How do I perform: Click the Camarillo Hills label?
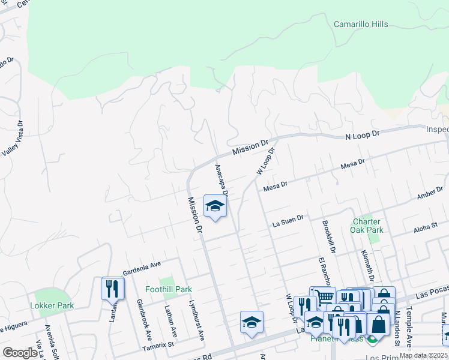[x=360, y=25]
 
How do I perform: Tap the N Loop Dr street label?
[x=363, y=136]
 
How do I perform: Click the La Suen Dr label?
[x=288, y=222]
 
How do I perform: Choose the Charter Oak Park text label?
[x=367, y=225]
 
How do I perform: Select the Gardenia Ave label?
[x=142, y=266]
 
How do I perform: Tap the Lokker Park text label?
[x=52, y=305]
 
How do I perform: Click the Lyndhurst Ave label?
[x=196, y=321]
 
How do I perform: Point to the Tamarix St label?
[x=158, y=346]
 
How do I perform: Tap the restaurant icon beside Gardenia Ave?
[x=112, y=289]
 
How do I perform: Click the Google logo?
[x=19, y=352]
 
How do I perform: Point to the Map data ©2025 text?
[x=423, y=355]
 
